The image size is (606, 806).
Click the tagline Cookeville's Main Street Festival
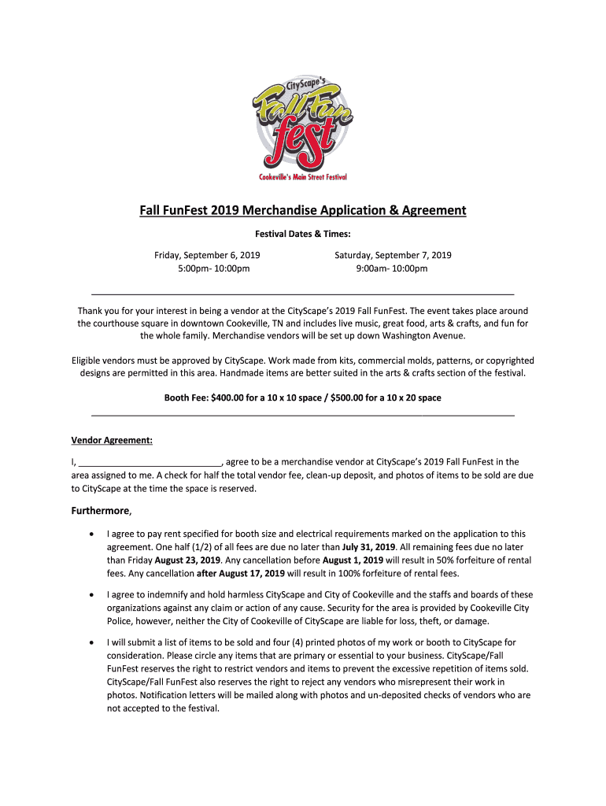[x=303, y=176]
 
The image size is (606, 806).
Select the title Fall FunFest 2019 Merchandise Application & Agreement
[x=303, y=210]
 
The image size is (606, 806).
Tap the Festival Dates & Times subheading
[x=303, y=234]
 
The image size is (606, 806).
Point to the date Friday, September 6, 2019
[x=207, y=255]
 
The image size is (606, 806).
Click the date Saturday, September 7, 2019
[x=393, y=255]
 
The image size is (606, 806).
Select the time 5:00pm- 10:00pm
[x=207, y=268]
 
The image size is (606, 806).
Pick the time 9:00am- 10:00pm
[x=393, y=268]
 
